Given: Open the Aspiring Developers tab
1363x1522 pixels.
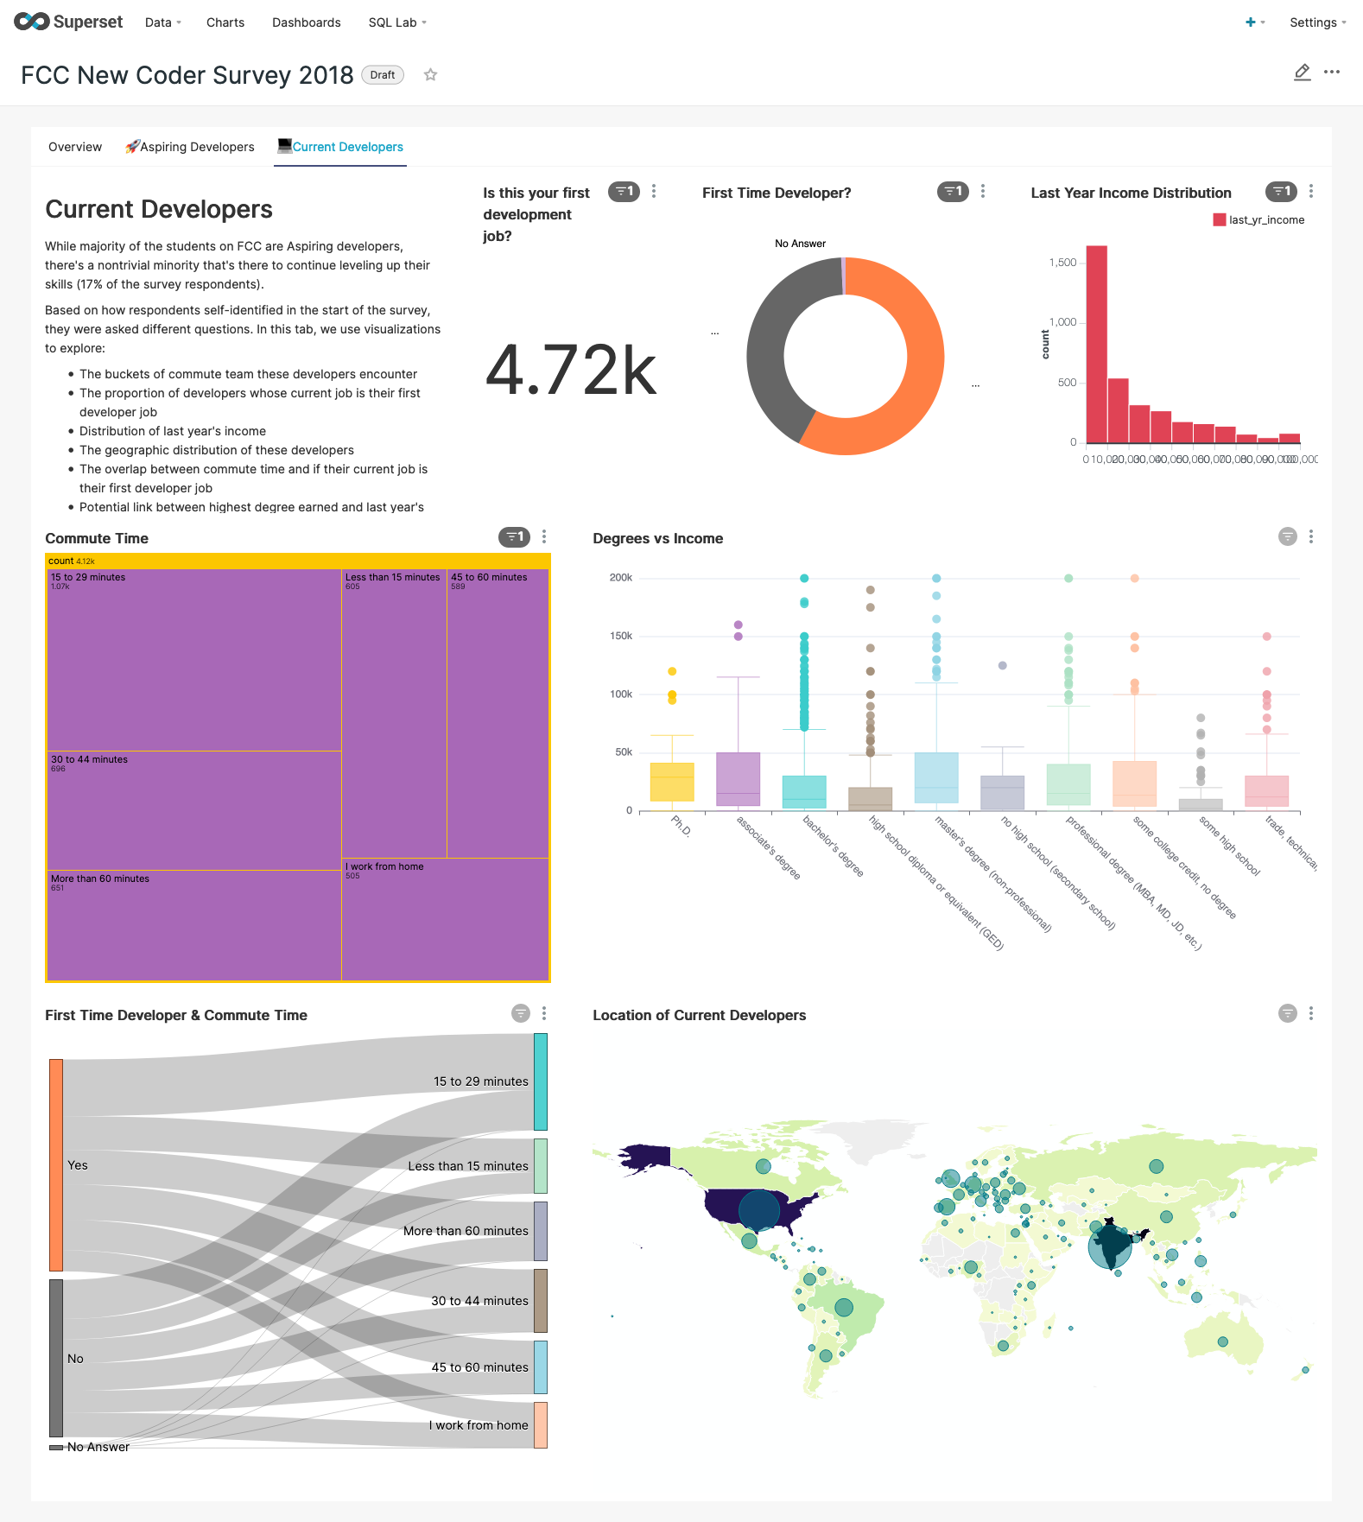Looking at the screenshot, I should coord(190,147).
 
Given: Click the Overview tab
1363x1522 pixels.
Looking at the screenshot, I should coord(75,147).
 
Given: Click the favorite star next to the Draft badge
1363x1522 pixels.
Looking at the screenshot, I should coord(430,75).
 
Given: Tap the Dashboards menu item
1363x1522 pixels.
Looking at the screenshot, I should coord(306,22).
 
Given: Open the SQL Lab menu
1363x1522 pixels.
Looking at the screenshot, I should coord(396,22).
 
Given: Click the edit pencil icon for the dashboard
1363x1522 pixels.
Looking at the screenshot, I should coord(1302,73).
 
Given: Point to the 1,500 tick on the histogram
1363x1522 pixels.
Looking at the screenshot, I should coord(1062,263).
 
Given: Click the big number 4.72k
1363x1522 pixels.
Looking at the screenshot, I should coord(571,371).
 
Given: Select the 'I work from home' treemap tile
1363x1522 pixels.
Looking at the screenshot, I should coord(445,919).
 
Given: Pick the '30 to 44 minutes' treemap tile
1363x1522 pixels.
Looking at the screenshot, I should coord(193,810).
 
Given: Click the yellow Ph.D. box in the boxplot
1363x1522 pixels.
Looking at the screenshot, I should coord(672,782).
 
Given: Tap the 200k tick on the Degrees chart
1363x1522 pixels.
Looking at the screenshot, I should coord(621,578).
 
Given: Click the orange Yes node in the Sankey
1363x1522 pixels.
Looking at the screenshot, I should coord(56,1164).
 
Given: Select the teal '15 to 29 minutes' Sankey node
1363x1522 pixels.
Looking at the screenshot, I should coord(541,1081).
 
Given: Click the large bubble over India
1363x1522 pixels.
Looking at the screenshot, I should coord(1110,1245).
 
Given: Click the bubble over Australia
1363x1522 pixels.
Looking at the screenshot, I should coord(1222,1341).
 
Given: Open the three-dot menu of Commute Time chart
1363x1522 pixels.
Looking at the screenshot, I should coord(544,537).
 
